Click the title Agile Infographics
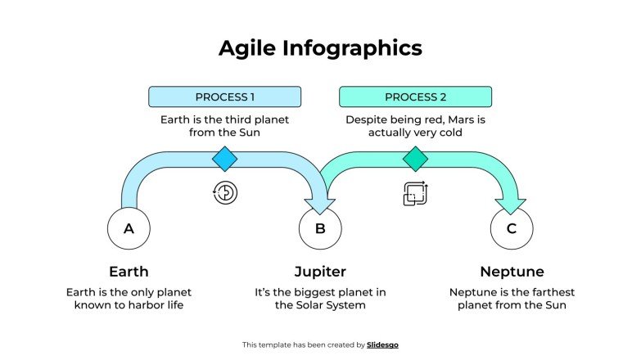320,48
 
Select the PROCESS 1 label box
224,97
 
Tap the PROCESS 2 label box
415,97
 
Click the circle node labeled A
129,229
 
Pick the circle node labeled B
320,229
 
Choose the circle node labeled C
512,229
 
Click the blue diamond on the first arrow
224,158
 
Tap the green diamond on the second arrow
415,158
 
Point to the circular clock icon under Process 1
225,192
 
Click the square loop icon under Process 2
415,193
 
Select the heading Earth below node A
129,272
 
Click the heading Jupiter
320,272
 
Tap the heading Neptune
512,272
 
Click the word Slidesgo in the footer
382,345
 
